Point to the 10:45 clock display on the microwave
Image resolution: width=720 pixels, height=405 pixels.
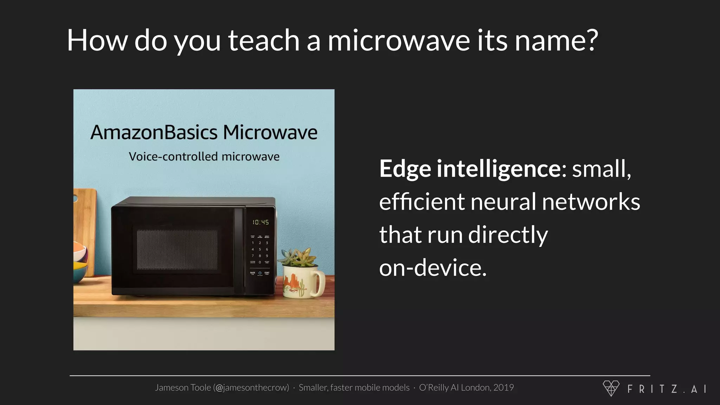[261, 222]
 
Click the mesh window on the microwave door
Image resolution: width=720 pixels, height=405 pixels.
[177, 250]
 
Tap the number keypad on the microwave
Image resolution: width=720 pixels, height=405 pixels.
[260, 252]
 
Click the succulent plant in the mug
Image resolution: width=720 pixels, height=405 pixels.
[298, 257]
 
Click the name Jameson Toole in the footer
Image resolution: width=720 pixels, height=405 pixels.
[183, 387]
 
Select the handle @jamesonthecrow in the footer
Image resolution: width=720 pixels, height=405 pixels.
[251, 387]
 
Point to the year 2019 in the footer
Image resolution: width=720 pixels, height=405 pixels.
[503, 387]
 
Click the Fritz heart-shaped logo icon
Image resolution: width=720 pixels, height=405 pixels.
[611, 388]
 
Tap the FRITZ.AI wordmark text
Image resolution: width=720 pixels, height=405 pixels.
[667, 389]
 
